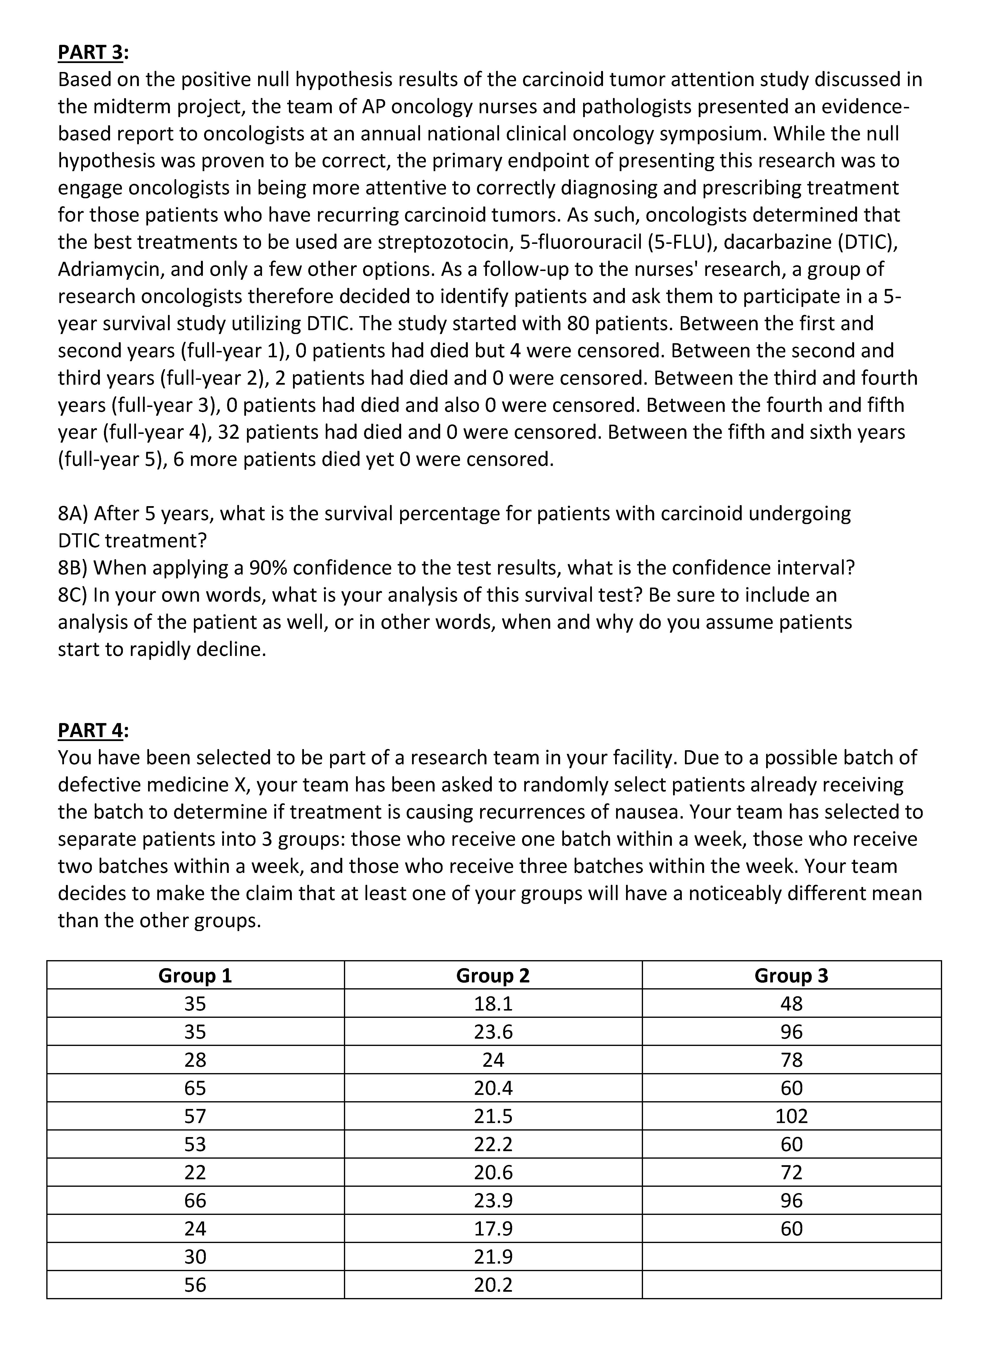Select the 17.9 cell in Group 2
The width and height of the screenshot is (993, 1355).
pyautogui.click(x=493, y=1228)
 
